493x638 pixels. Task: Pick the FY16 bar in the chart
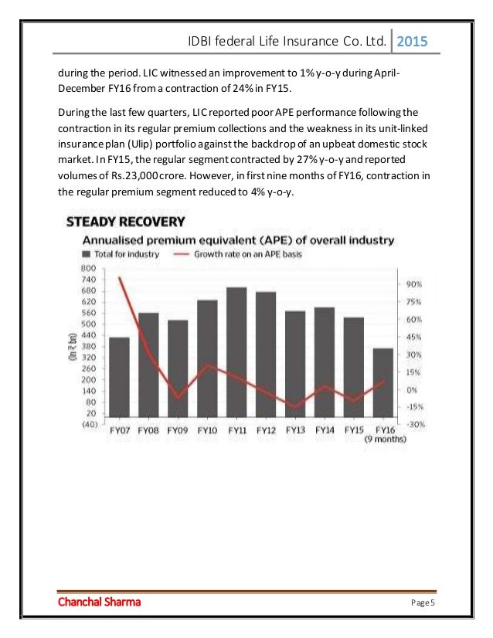point(384,385)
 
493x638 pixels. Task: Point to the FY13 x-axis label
point(294,430)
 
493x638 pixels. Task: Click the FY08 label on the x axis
point(149,430)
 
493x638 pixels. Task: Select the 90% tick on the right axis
point(414,284)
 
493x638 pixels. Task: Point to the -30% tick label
point(414,424)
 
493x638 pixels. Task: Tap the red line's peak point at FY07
point(120,278)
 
